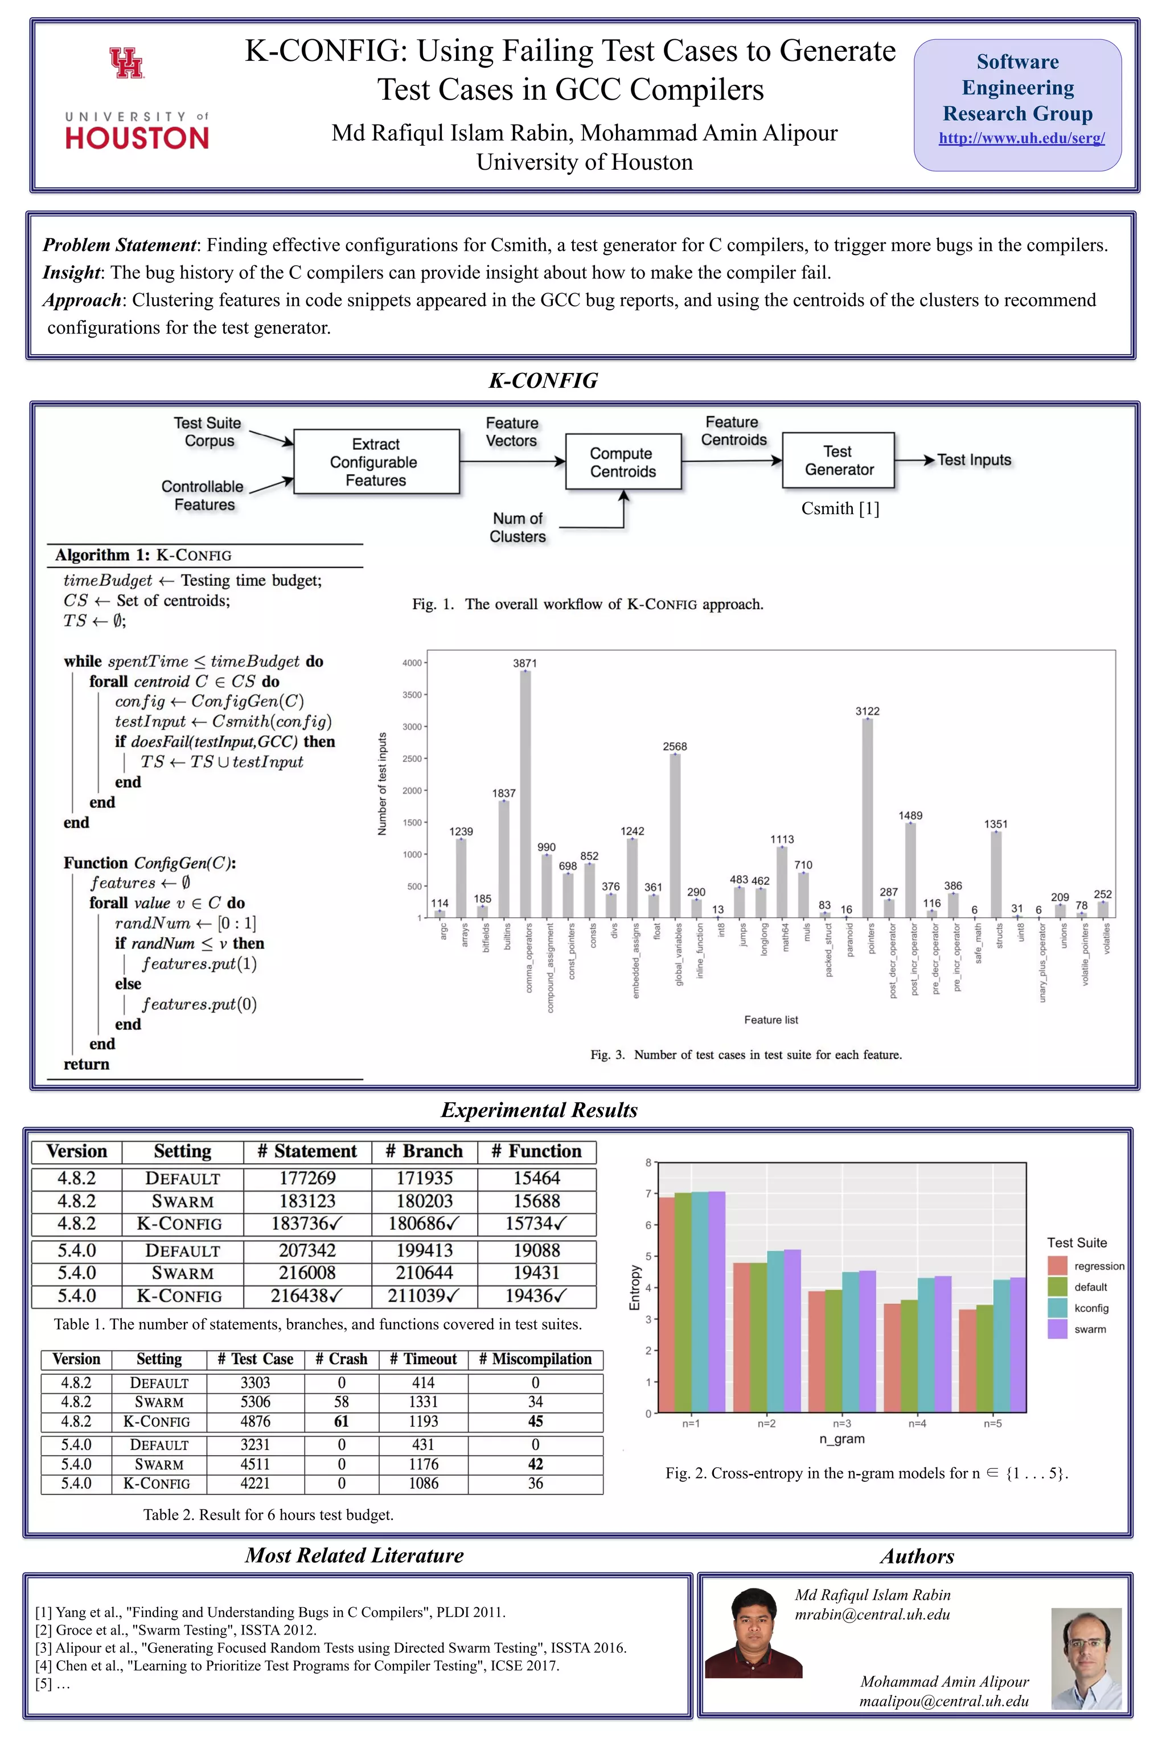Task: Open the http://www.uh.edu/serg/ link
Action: coord(1021,138)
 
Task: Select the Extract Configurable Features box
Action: coord(376,462)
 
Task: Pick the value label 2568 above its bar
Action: coord(675,746)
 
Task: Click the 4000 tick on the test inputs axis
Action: coord(412,663)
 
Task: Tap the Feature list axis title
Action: coord(770,1020)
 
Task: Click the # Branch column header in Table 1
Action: coord(424,1151)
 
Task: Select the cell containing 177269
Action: coord(307,1178)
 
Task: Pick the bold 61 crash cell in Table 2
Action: coord(342,1421)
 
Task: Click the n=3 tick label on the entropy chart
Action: coord(842,1423)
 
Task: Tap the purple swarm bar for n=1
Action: coord(716,1302)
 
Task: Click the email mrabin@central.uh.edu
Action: coord(872,1615)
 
